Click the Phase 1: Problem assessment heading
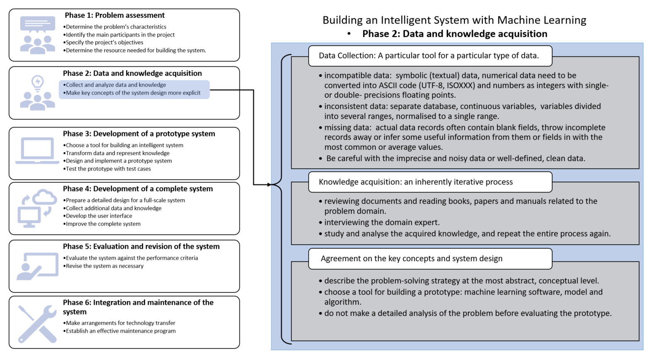[114, 15]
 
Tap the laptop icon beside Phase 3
[37, 151]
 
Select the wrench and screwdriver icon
[37, 324]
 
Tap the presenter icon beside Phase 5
[38, 266]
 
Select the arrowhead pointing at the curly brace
[269, 185]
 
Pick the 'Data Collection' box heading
[429, 56]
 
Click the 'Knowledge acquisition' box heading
[415, 182]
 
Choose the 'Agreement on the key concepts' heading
[412, 258]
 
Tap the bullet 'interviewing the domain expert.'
[379, 222]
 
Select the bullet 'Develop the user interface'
[98, 216]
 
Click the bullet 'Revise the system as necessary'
[103, 266]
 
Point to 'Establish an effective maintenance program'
[119, 331]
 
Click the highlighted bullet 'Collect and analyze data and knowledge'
[114, 85]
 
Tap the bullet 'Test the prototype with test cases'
[107, 169]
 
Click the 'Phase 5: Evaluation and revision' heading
[141, 246]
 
